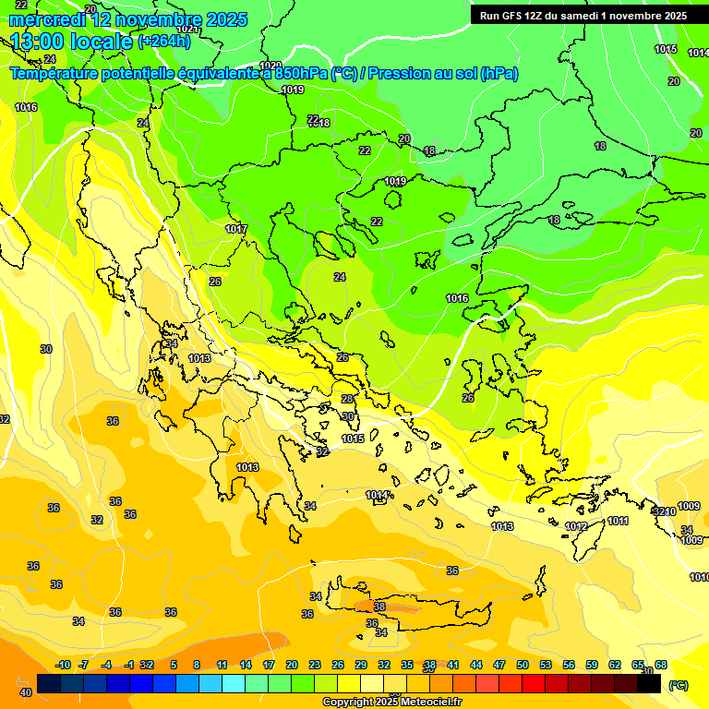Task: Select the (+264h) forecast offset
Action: point(164,42)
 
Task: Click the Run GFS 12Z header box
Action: point(583,15)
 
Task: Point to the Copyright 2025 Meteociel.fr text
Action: point(391,703)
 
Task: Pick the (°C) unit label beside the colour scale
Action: point(678,685)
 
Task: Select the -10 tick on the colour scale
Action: point(63,666)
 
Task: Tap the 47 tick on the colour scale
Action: point(499,666)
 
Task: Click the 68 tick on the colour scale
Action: point(661,666)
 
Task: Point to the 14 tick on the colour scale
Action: point(246,666)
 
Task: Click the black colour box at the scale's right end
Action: point(649,684)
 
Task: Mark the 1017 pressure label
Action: point(236,229)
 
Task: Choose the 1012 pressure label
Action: point(576,526)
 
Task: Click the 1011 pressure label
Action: point(618,522)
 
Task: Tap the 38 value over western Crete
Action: point(379,607)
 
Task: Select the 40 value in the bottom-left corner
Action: point(26,692)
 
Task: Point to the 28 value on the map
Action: point(347,399)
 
